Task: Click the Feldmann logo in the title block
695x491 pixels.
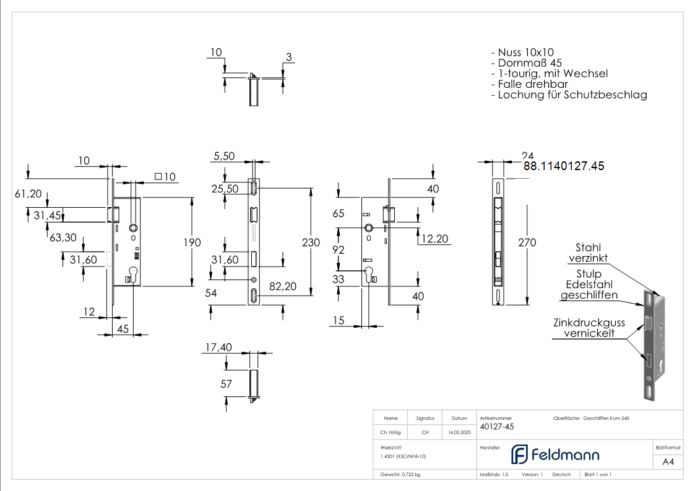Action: click(555, 455)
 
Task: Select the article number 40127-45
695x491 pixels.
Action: click(497, 427)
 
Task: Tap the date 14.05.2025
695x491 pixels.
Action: click(459, 432)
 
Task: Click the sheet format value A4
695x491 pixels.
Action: click(668, 462)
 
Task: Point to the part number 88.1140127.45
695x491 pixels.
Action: click(564, 166)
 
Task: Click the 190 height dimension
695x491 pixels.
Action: click(192, 242)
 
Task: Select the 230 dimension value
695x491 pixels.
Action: click(311, 242)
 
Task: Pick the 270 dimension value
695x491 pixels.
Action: click(527, 242)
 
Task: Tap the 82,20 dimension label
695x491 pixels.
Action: click(283, 286)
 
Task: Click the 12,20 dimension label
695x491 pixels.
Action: click(434, 239)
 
